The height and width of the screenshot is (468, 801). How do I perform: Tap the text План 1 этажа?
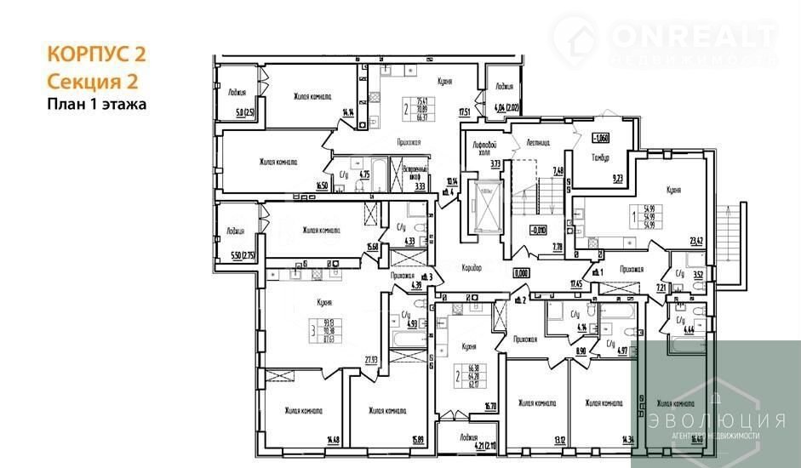[x=96, y=106]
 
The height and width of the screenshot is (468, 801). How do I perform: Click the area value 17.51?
[x=464, y=111]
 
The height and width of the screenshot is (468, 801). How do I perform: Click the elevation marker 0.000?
[x=521, y=274]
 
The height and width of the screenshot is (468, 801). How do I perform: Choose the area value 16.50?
[x=321, y=185]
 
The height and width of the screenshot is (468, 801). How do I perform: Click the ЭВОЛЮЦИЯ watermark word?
[x=714, y=420]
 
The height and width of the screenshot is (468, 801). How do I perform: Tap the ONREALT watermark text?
[x=692, y=35]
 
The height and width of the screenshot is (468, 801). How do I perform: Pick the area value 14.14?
[x=347, y=111]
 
